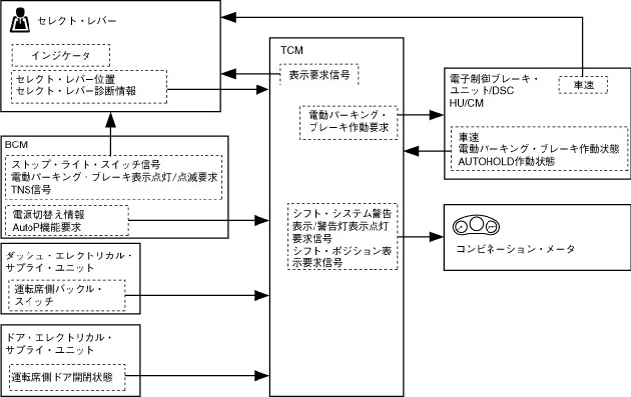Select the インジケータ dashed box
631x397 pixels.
coord(60,55)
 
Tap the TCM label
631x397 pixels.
coord(291,49)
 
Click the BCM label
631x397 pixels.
coord(17,144)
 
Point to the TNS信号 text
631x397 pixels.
coord(32,189)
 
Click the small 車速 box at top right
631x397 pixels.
coord(583,86)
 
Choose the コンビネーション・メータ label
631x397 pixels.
coord(516,250)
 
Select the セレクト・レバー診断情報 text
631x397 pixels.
coord(75,90)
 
